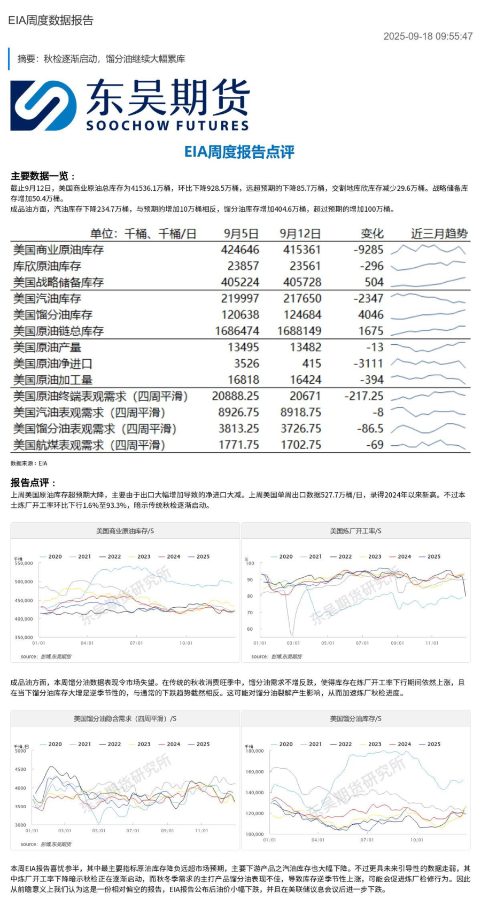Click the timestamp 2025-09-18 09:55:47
click(x=428, y=36)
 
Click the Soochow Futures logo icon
click(x=43, y=105)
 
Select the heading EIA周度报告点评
click(x=239, y=152)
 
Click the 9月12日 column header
click(x=300, y=234)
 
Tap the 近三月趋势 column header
click(x=439, y=234)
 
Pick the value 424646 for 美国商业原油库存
click(x=240, y=250)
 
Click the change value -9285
click(x=368, y=250)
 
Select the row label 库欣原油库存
click(x=47, y=266)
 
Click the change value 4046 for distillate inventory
click(x=370, y=315)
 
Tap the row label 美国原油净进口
click(x=52, y=363)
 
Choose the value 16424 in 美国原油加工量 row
click(x=305, y=380)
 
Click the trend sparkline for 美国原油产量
click(x=428, y=347)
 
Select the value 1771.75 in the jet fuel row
click(x=239, y=445)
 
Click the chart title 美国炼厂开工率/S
click(x=355, y=531)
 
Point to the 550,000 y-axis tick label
click(x=24, y=563)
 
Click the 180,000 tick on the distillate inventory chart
click(x=254, y=751)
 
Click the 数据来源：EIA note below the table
click(x=29, y=463)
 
